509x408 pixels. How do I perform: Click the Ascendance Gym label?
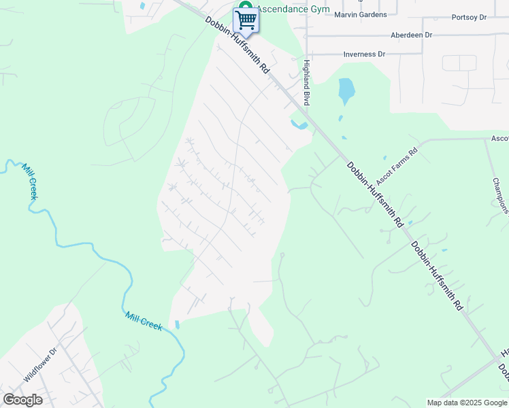pos(293,10)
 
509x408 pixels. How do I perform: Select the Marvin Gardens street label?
pos(361,14)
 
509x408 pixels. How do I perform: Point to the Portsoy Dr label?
pos(470,17)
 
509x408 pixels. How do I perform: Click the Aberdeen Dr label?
pos(411,35)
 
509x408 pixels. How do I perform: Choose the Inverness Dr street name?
pos(364,54)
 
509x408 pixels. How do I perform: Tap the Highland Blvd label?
pos(306,82)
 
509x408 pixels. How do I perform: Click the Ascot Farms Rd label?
pos(395,169)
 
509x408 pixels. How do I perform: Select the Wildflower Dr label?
pos(42,364)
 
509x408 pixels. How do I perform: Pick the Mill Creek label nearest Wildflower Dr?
pos(144,320)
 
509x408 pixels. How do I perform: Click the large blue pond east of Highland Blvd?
pos(346,90)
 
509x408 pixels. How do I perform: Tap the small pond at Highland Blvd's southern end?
pos(299,125)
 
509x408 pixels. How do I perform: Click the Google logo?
pos(22,400)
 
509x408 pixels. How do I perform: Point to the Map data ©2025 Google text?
pos(467,403)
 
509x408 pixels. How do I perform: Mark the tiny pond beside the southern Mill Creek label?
pos(178,325)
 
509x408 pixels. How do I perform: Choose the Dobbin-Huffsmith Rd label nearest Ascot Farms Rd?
pos(375,194)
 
